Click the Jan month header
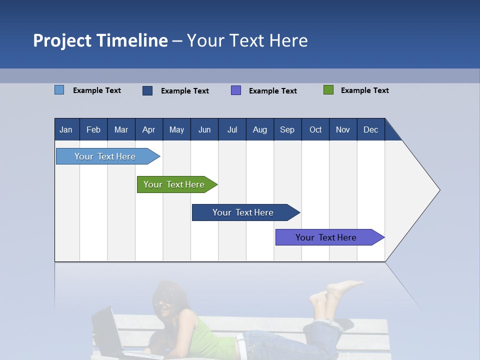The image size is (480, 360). (66, 129)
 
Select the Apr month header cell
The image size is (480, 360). (149, 129)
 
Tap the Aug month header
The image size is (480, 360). (260, 129)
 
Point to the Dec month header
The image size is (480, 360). (371, 129)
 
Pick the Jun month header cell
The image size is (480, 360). (204, 129)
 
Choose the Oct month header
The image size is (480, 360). (315, 129)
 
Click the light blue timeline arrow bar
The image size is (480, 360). (105, 156)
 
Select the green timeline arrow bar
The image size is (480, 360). (174, 184)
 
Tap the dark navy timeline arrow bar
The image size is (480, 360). (243, 212)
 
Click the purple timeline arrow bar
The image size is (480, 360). (326, 237)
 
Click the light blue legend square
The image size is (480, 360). (59, 90)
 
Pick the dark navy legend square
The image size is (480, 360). (147, 90)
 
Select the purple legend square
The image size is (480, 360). (236, 90)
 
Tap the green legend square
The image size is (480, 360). (328, 90)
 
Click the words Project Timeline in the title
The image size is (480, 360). (100, 40)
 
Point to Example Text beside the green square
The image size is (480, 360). (364, 90)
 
